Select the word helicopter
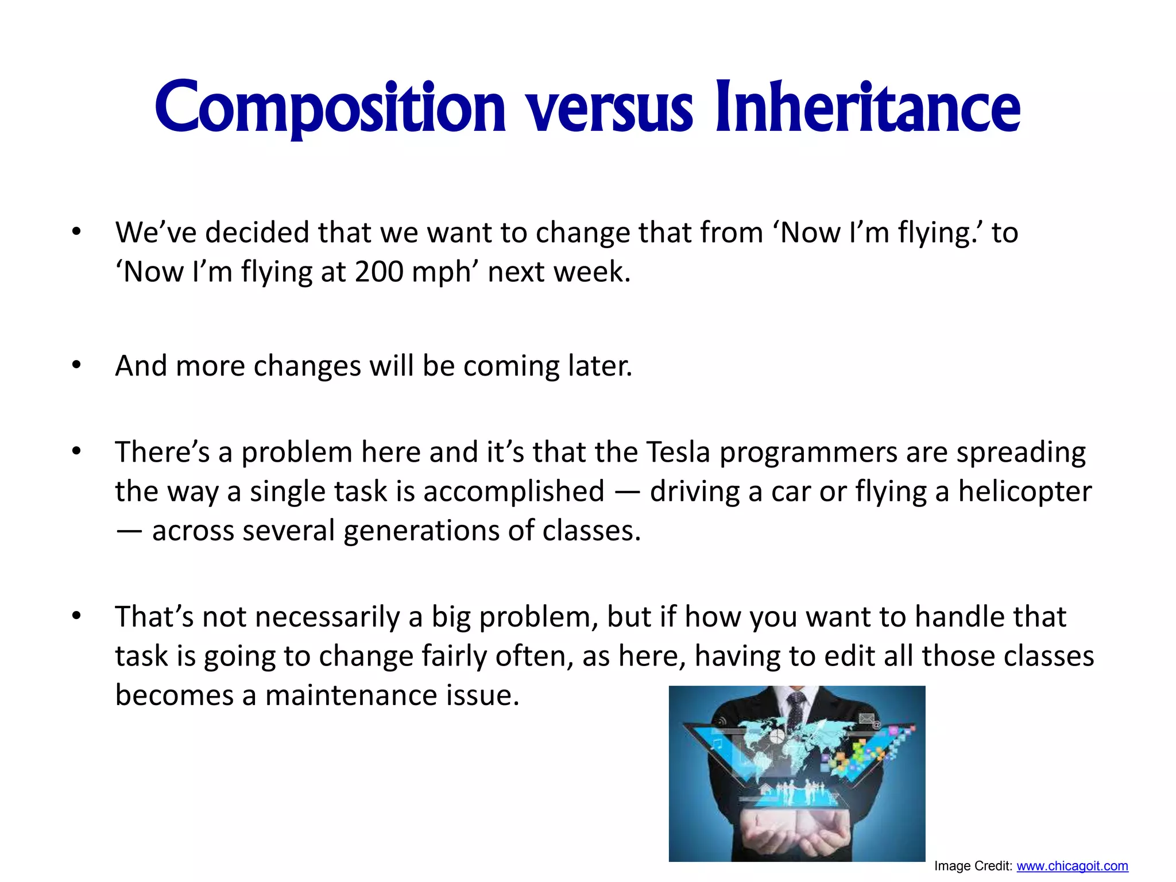[1024, 492]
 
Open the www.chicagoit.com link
[1072, 866]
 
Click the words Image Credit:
[973, 866]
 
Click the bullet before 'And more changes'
[76, 366]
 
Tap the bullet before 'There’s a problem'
[76, 452]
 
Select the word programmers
[808, 453]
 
